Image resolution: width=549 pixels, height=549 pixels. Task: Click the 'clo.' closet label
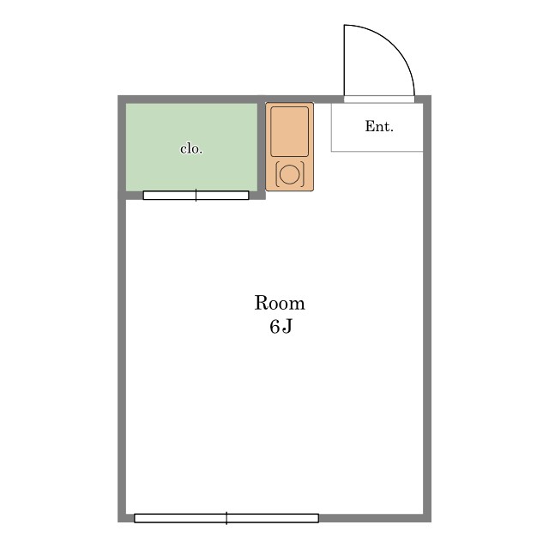point(191,149)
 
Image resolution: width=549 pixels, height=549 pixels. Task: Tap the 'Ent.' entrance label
point(379,126)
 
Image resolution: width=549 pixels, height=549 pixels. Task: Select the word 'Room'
point(280,303)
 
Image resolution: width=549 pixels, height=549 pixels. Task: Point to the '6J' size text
point(281,327)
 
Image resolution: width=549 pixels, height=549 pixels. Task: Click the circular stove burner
point(290,174)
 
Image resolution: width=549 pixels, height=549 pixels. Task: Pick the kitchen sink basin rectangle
point(290,131)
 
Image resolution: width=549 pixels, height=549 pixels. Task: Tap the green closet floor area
point(191,147)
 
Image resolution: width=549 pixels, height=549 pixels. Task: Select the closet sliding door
point(196,196)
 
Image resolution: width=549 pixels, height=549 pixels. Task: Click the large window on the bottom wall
point(226,518)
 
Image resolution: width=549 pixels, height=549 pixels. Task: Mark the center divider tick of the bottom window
point(226,518)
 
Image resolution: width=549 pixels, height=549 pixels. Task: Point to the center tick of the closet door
point(196,195)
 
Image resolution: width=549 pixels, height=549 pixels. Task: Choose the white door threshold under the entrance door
point(379,100)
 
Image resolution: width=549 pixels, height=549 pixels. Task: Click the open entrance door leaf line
point(345,60)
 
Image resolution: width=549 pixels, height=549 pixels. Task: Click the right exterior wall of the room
point(427,309)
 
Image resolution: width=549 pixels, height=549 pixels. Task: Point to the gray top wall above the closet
point(191,100)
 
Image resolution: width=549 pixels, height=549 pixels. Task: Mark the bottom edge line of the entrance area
point(377,151)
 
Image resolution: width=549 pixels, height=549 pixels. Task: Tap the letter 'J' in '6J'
point(287,327)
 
